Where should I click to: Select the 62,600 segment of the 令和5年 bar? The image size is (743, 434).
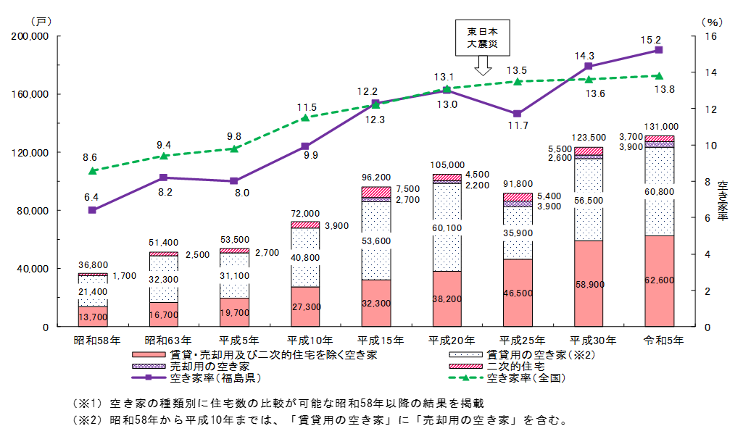(x=659, y=281)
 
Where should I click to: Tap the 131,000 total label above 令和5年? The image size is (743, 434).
(x=659, y=126)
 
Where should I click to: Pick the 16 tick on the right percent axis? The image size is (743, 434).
(x=710, y=36)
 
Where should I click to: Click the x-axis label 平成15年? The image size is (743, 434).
(x=375, y=339)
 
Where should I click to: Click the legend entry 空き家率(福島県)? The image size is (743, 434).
(x=215, y=377)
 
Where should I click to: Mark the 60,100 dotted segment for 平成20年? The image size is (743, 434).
(x=447, y=228)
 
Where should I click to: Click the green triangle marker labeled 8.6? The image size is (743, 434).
(x=93, y=171)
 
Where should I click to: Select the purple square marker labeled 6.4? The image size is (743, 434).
(x=93, y=210)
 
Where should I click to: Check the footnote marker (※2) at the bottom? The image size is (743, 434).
(x=83, y=420)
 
